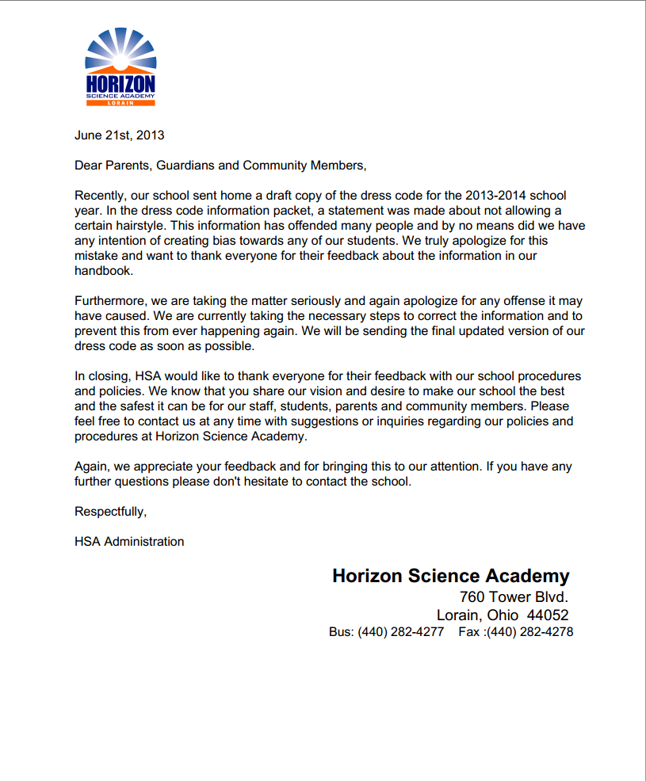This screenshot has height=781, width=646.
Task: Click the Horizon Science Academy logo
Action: pyautogui.click(x=120, y=67)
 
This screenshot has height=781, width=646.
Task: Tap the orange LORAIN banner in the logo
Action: pyautogui.click(x=120, y=102)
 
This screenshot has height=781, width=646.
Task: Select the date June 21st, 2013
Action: pyautogui.click(x=120, y=135)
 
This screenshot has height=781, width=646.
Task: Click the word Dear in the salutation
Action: pyautogui.click(x=89, y=165)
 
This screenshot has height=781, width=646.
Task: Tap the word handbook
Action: pyautogui.click(x=104, y=270)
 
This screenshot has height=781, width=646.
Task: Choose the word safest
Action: pyautogui.click(x=144, y=406)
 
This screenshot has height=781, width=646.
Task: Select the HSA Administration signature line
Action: pyautogui.click(x=129, y=542)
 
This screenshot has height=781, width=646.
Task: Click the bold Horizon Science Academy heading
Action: pyautogui.click(x=450, y=576)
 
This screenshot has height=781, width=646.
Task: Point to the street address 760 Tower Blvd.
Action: pyautogui.click(x=514, y=596)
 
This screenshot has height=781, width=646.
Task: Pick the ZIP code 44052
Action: pyautogui.click(x=548, y=615)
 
